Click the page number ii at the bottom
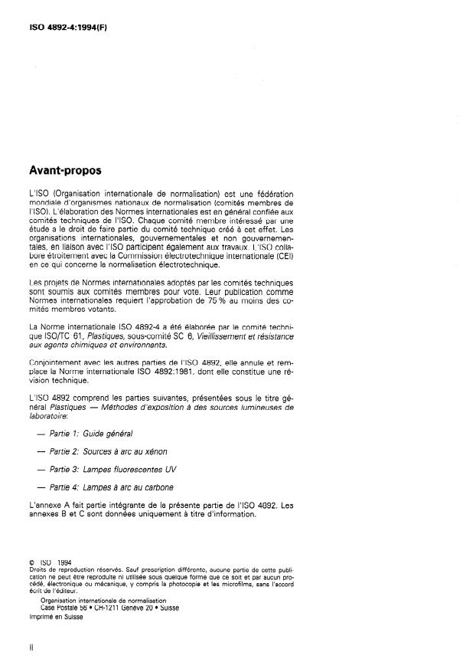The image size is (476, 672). tap(31, 647)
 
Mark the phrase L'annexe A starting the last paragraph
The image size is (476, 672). tap(49, 506)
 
